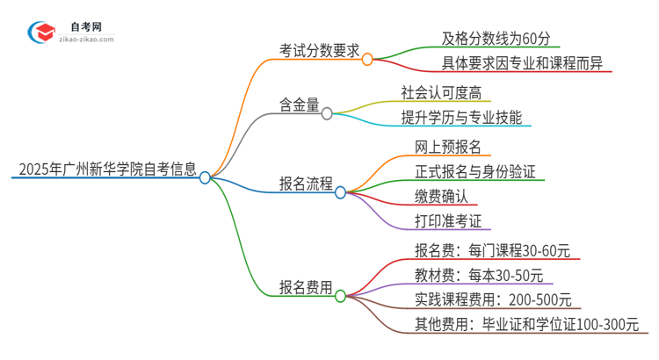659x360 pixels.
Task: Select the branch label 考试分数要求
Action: [318, 51]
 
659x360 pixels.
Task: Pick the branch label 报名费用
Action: [306, 287]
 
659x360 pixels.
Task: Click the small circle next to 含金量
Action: [327, 113]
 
